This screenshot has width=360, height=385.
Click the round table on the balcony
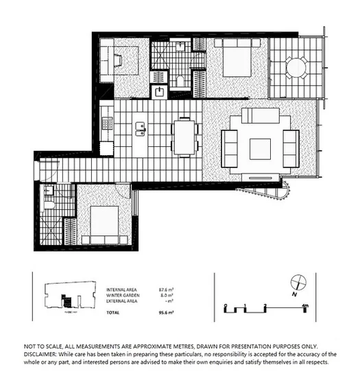click(296, 68)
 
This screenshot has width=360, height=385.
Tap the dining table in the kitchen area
click(184, 137)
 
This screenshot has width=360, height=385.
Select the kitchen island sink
click(142, 126)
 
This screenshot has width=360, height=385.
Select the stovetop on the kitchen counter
click(106, 124)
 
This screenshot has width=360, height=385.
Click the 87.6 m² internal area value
click(167, 290)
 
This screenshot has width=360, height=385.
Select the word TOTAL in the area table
click(112, 312)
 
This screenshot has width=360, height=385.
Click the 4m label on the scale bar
click(305, 304)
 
